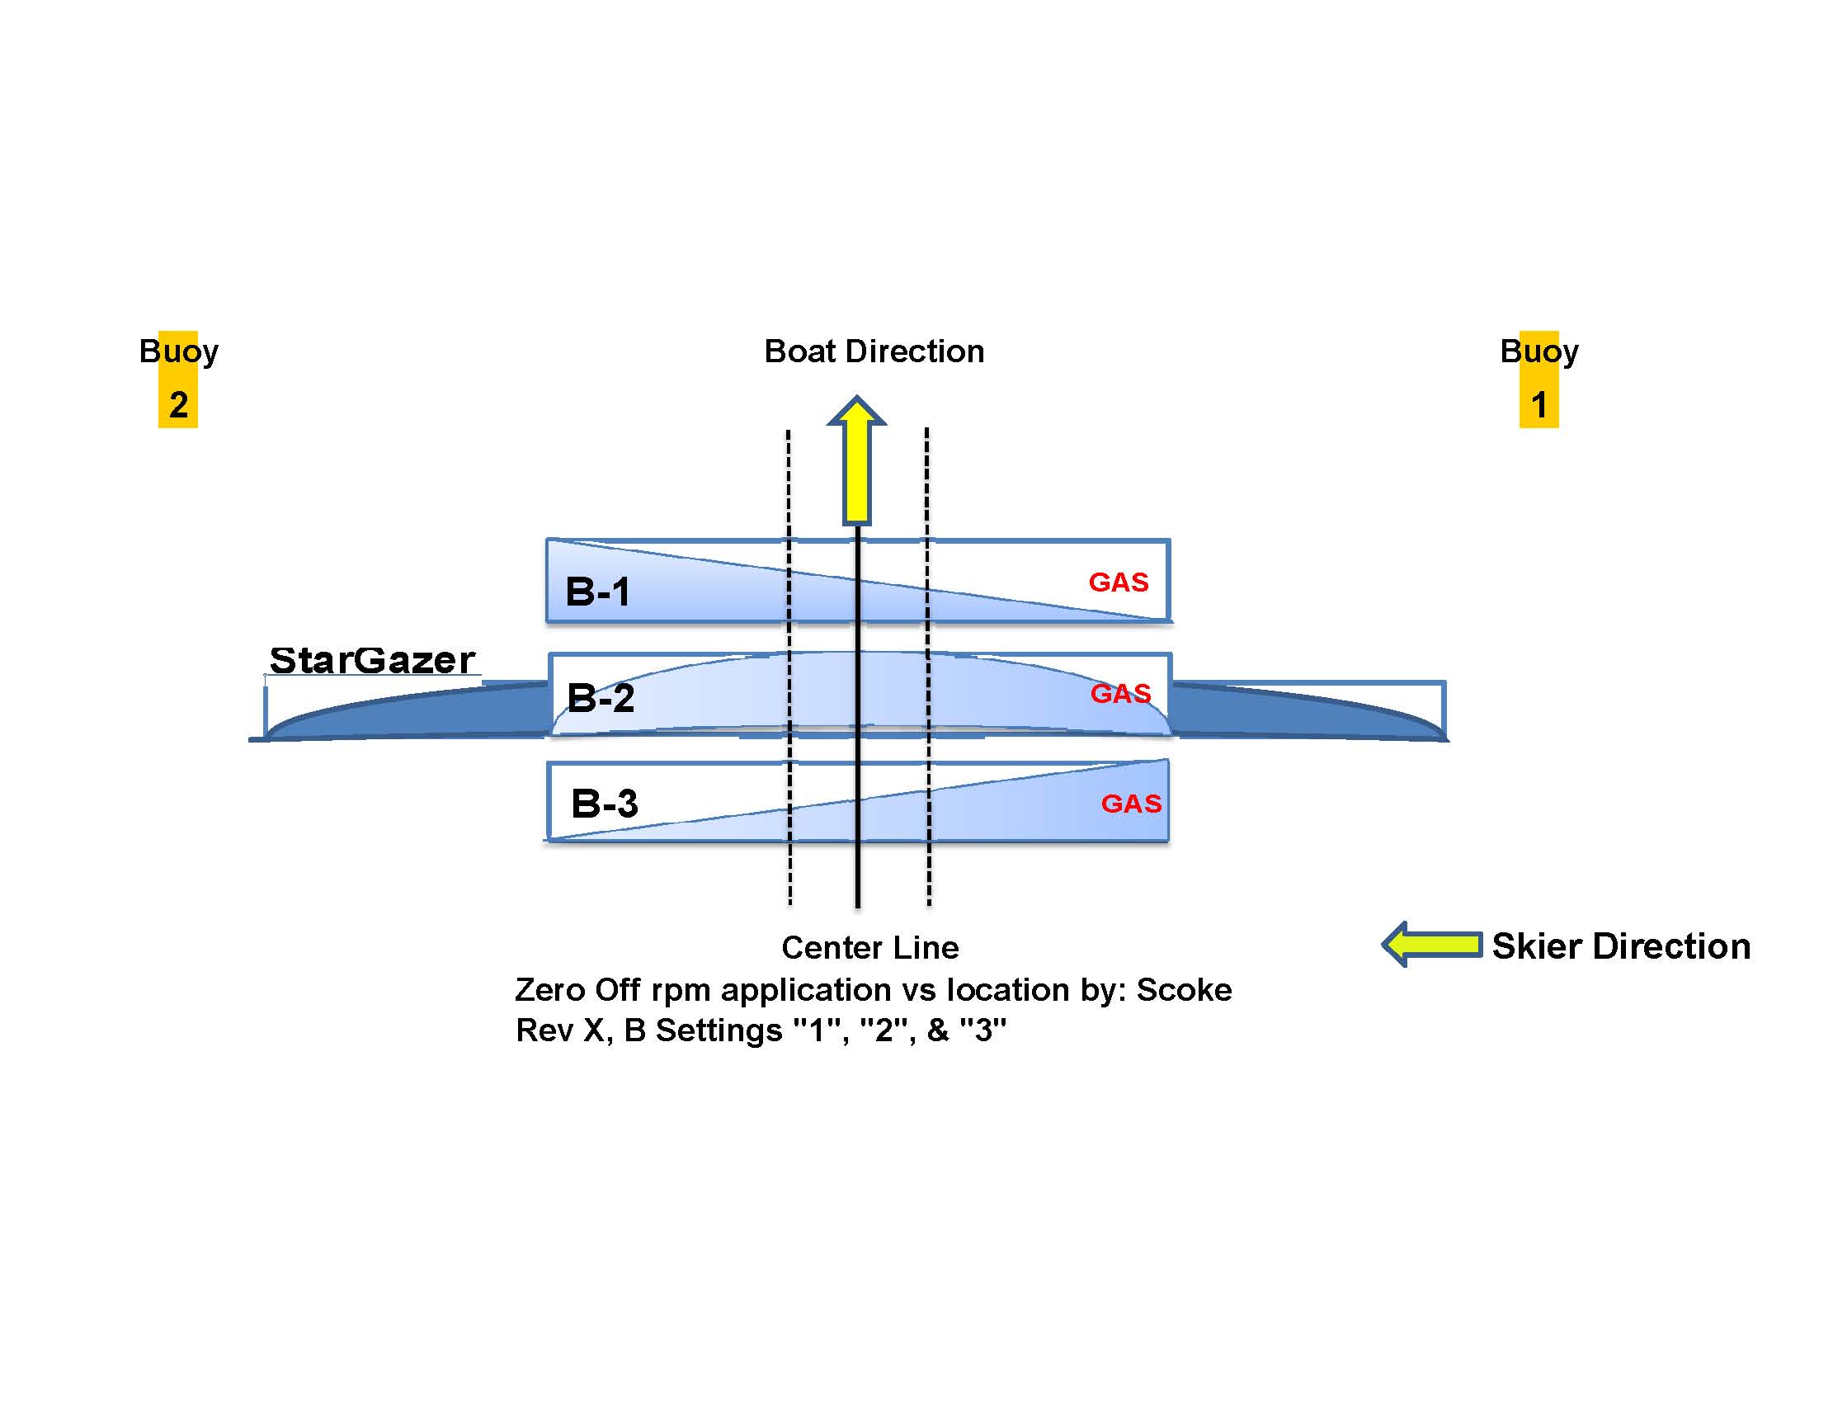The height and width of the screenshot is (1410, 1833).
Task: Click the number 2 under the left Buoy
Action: click(x=178, y=405)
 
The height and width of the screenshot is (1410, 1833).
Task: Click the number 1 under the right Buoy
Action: click(x=1538, y=405)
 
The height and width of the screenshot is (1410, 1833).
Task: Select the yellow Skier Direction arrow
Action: click(x=1433, y=944)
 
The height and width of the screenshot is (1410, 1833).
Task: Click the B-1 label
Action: click(x=597, y=592)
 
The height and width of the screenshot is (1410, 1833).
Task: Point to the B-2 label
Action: click(x=601, y=697)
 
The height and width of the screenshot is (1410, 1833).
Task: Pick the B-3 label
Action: click(x=605, y=804)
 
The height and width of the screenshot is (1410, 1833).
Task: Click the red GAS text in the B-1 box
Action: click(x=1118, y=582)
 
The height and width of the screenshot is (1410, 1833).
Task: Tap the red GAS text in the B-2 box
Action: click(x=1120, y=693)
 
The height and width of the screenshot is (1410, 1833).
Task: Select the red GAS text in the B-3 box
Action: click(x=1130, y=804)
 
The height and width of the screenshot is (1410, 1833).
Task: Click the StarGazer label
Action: click(x=372, y=661)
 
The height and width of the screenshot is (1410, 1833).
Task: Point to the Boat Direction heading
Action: click(x=874, y=351)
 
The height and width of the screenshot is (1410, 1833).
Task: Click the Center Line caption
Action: click(x=869, y=947)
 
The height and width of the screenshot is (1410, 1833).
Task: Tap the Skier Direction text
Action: click(x=1621, y=946)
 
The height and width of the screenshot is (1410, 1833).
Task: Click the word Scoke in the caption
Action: click(x=1184, y=990)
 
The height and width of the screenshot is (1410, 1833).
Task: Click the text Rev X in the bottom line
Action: click(x=561, y=1030)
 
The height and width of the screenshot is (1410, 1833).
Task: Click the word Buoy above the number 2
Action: click(x=178, y=351)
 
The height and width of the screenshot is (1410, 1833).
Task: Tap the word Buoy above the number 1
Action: click(x=1538, y=351)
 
